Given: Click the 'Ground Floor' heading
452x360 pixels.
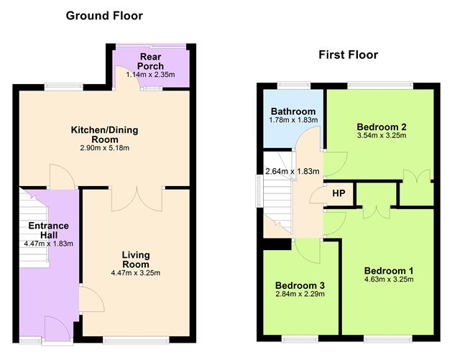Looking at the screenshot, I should coord(104,15).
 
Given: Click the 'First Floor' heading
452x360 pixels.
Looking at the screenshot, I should coord(349,55).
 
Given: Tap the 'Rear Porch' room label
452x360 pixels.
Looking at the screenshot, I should coord(152,62).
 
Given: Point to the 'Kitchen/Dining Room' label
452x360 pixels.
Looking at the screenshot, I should coord(104,134).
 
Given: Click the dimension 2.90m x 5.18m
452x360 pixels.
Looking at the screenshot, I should coord(104,148).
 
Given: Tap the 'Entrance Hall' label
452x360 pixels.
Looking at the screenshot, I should coord(49,231).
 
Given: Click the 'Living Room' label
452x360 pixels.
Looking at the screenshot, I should coord(135,259).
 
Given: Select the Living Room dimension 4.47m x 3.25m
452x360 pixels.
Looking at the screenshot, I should coord(135,272).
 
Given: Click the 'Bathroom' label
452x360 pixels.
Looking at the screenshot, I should coord(293,111).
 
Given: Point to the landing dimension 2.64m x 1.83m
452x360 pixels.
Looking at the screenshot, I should coord(290,172).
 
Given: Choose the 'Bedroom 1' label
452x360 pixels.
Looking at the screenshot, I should coord(389,269).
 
